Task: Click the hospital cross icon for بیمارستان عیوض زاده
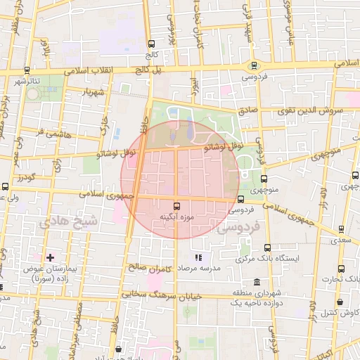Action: point(49,257)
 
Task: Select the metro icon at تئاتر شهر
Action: point(27,70)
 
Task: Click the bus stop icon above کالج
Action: point(152,44)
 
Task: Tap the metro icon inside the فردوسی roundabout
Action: point(253,67)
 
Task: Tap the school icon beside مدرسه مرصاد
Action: point(199,258)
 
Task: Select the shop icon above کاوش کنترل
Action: point(340,302)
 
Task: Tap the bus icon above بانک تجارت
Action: point(341,269)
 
